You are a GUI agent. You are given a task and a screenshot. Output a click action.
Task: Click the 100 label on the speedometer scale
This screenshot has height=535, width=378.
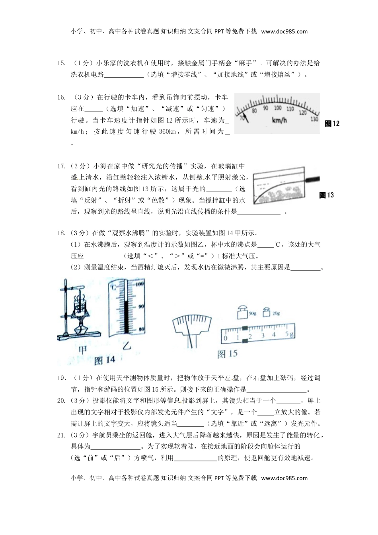click(x=278, y=108)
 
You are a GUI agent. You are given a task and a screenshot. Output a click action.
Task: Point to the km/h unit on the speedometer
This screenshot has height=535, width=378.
click(x=279, y=120)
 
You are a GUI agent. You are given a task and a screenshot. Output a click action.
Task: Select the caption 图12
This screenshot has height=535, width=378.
click(x=332, y=123)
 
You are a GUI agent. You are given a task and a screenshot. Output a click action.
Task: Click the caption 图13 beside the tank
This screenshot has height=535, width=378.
click(x=327, y=195)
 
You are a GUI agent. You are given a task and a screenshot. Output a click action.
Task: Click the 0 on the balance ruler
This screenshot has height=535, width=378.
click(x=226, y=338)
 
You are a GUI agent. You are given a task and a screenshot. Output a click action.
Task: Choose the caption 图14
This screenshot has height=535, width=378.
click(x=105, y=360)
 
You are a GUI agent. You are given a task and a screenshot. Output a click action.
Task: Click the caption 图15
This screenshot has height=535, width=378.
click(x=227, y=354)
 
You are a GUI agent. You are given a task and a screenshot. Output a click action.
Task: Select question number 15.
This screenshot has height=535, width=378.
click(x=61, y=63)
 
